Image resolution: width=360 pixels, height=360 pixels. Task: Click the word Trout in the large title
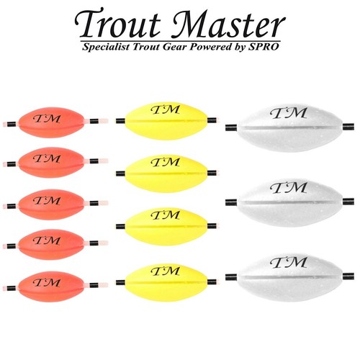[x=117, y=23]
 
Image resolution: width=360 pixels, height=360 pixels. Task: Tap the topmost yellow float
[x=166, y=121]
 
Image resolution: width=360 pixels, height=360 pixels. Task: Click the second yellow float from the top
[x=166, y=174]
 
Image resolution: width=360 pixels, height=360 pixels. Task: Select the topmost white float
[x=290, y=127]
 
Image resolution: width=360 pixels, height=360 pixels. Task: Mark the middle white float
[x=290, y=202]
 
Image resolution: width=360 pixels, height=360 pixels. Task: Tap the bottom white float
[x=290, y=277]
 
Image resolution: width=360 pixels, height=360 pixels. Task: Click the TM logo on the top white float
[x=289, y=113]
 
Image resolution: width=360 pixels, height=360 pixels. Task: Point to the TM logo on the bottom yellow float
[x=166, y=271]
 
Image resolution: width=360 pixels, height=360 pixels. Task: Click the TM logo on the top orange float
[x=47, y=119]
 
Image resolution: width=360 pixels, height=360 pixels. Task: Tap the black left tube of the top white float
[x=231, y=127]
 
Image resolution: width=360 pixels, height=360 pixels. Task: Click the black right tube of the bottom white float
[x=348, y=276]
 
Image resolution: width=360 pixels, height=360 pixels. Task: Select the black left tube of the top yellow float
[x=120, y=121]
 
